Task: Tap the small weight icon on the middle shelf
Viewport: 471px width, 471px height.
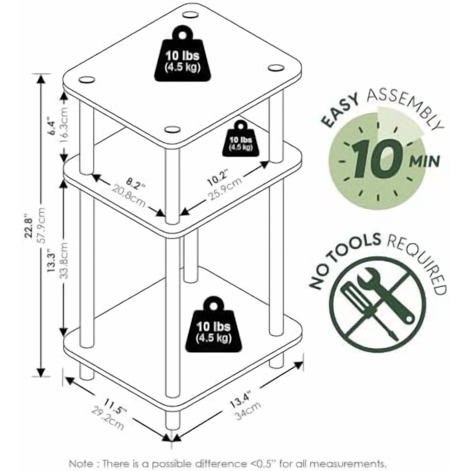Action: [x=241, y=138]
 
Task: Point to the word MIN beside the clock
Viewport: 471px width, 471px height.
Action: [x=425, y=162]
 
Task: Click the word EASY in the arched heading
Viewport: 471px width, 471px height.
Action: [x=340, y=110]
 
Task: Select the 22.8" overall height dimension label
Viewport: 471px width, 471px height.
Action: [x=29, y=226]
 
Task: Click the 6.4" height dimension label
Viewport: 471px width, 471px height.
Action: [x=52, y=128]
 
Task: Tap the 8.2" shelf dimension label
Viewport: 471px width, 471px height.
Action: [x=136, y=184]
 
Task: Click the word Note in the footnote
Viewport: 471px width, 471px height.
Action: [x=81, y=463]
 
